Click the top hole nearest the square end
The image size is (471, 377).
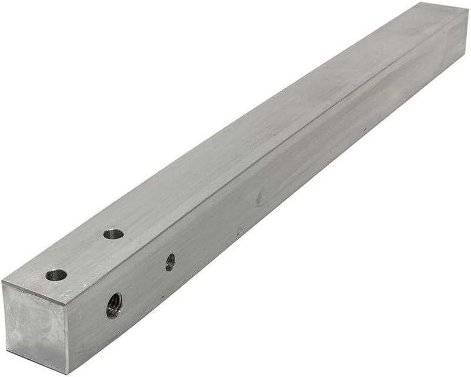pyautogui.click(x=56, y=275)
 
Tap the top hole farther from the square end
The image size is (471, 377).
pyautogui.click(x=113, y=234)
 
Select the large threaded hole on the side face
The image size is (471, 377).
pyautogui.click(x=114, y=305)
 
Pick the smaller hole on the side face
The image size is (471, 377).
pyautogui.click(x=170, y=262)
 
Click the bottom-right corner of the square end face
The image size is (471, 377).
pyautogui.click(x=69, y=373)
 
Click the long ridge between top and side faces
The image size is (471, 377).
pyautogui.click(x=265, y=156)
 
